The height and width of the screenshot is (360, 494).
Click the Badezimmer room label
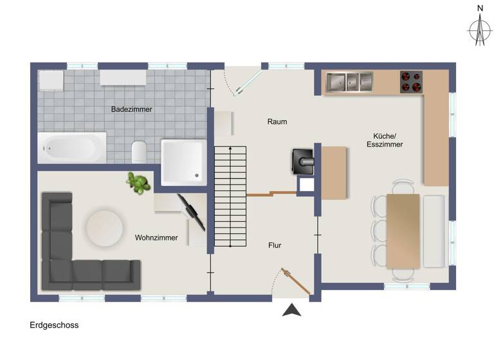tap(131, 109)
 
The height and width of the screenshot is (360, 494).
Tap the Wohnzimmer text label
tap(156, 238)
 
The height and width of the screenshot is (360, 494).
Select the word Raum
tap(277, 122)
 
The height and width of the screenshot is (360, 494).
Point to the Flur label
tap(275, 245)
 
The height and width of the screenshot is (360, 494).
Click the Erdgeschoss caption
tap(54, 325)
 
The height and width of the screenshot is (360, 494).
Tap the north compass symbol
tap(479, 28)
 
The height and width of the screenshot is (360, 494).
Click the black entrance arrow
tap(292, 310)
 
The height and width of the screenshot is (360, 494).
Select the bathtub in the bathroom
tap(71, 148)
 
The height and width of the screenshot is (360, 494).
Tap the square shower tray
tap(183, 159)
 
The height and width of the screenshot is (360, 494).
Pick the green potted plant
tap(137, 183)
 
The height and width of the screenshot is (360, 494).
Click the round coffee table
tap(105, 227)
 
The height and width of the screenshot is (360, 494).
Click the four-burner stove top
tap(412, 82)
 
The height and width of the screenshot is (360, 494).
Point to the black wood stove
tap(303, 161)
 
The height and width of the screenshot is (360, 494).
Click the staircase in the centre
tap(230, 196)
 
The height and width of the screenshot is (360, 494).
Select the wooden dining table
tap(403, 231)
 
